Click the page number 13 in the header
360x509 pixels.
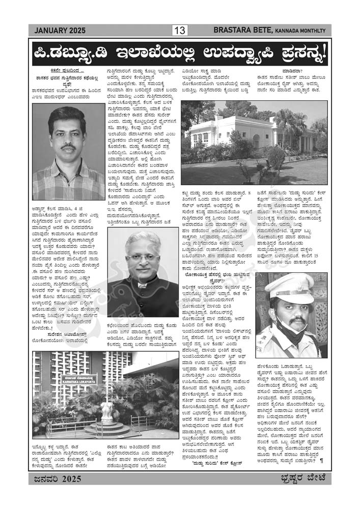tap(180, 31)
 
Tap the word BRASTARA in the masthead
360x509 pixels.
tap(234, 31)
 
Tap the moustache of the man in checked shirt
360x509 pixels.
tap(68, 149)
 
